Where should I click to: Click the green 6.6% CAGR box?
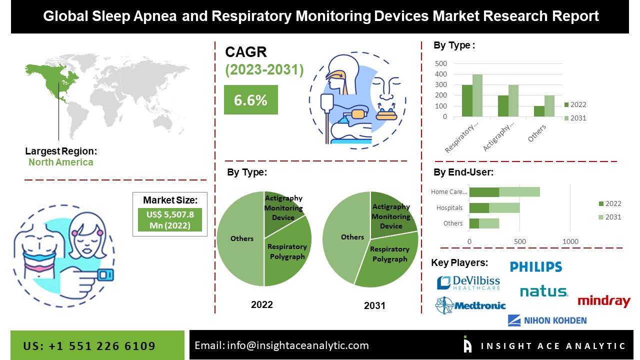pos(250,100)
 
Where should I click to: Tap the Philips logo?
pos(536,266)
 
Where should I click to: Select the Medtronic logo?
pos(470,305)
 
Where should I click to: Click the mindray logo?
pos(603,301)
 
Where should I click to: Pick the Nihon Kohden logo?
pos(547,320)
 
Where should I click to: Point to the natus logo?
pos(544,291)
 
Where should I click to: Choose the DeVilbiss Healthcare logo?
pos(468,283)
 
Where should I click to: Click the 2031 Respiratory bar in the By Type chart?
pos(477,95)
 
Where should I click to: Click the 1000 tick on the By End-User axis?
pos(570,242)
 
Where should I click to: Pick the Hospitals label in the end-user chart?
pos(449,208)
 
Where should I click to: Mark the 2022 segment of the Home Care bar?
pos(484,192)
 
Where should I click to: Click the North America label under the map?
pos(60,162)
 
